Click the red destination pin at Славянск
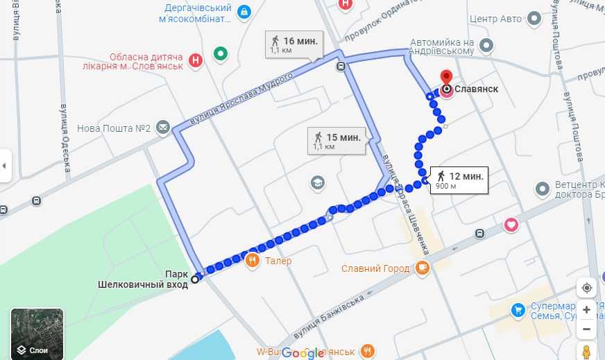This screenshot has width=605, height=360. [447, 78]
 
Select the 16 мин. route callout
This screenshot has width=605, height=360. [295, 44]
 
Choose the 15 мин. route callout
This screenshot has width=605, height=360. [336, 141]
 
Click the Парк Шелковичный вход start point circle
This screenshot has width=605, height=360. [195, 279]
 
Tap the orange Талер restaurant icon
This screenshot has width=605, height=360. [252, 261]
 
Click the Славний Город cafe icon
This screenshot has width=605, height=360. [423, 268]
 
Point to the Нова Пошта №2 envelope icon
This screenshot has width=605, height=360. [162, 128]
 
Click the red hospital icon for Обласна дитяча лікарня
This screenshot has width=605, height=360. [196, 60]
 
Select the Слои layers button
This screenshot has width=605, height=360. [37, 334]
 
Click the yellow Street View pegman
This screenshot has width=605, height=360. [586, 352]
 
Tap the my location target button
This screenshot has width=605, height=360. [586, 288]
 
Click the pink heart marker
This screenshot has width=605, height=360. [511, 225]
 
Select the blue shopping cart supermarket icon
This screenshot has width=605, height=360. [517, 310]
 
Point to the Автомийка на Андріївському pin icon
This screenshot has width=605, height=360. [487, 46]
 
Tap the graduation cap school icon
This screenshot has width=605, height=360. [318, 182]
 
